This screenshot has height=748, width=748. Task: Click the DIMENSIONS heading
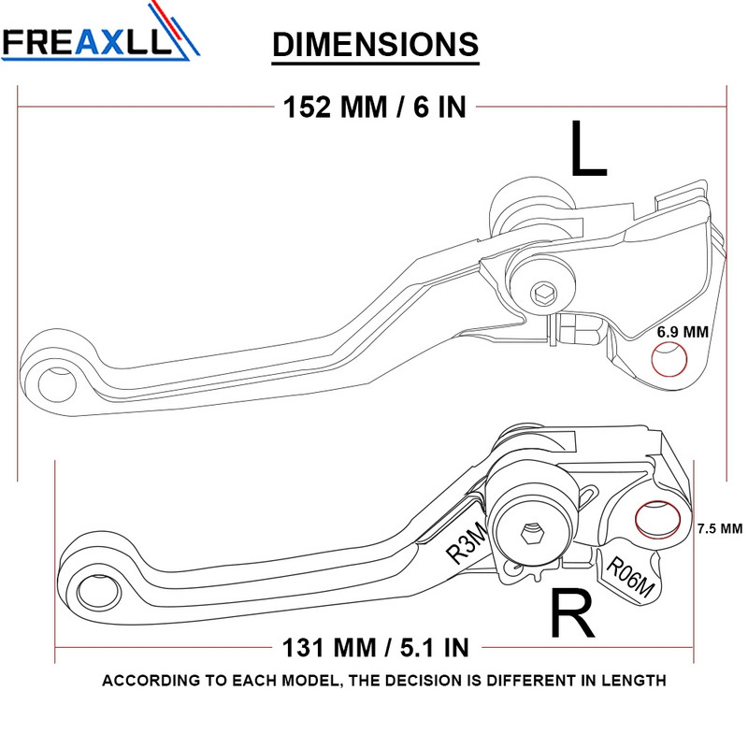point(375,44)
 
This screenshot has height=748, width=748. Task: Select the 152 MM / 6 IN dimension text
point(374,107)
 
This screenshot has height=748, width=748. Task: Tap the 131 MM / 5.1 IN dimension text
point(375,645)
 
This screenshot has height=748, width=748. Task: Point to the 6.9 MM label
point(683,332)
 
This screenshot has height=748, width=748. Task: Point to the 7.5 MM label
point(719,528)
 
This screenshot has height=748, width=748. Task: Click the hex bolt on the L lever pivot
point(543,295)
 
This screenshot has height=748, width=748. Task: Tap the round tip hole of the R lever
point(93,592)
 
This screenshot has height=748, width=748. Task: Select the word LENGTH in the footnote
point(633,681)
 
